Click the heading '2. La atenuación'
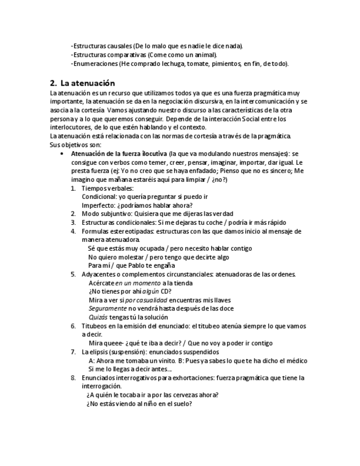click(x=82, y=84)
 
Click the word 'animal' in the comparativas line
click(x=206, y=55)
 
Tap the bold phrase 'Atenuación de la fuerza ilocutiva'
click(x=119, y=154)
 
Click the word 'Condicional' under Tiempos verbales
click(x=98, y=196)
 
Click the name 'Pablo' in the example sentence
click(x=141, y=265)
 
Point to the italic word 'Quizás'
click(x=98, y=317)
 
